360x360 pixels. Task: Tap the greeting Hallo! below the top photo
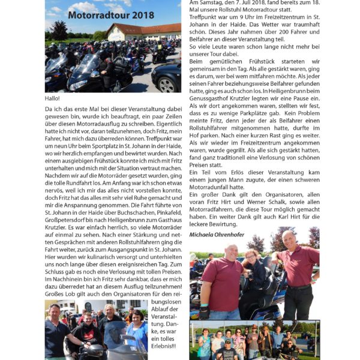(x=52, y=98)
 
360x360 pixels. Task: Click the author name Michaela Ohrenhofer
(x=217, y=235)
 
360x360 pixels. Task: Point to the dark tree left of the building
(x=60, y=30)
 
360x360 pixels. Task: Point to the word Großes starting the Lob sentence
(x=56, y=293)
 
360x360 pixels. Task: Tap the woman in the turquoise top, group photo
(x=204, y=345)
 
